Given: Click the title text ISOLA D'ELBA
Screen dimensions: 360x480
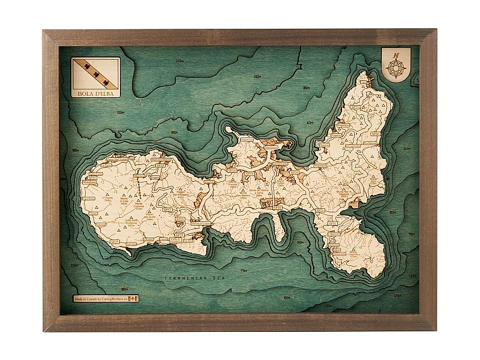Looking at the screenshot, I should [x=95, y=92].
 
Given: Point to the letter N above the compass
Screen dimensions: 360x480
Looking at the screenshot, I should [x=396, y=55].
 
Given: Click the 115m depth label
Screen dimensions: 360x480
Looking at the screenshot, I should [x=179, y=61].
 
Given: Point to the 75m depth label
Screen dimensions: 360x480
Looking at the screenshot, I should [x=244, y=271].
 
